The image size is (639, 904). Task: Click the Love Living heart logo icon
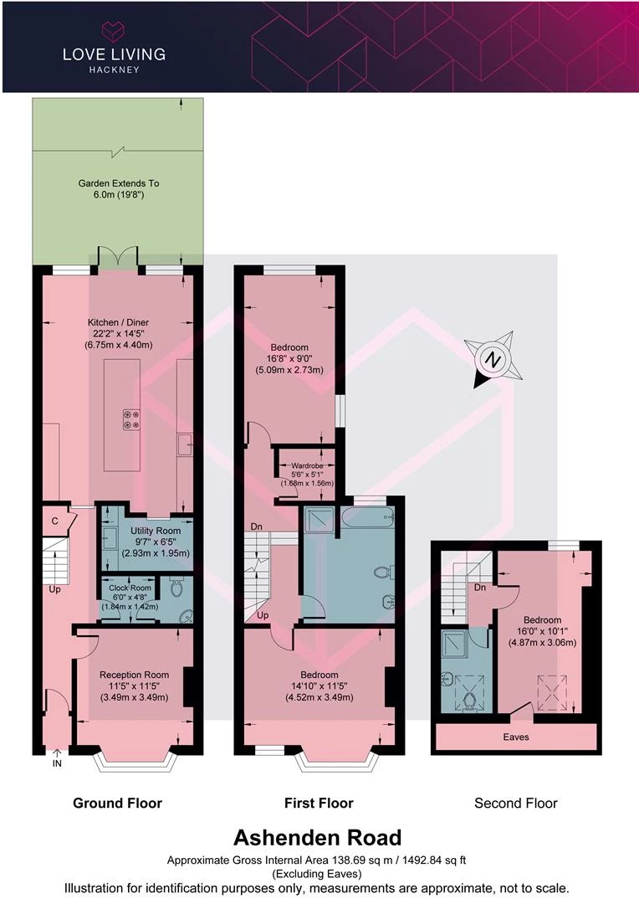114,30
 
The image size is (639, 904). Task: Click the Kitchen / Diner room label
118,322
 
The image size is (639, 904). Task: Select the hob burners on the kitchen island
131,419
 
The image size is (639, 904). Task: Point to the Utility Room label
156,531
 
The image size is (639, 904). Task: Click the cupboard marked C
54,521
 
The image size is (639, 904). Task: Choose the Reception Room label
135,675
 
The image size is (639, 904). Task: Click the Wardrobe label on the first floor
307,465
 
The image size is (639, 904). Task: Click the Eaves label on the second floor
516,737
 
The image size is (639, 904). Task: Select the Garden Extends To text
119,183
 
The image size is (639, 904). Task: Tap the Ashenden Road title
318,837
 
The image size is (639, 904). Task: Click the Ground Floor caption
118,803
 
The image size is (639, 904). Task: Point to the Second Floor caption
516,803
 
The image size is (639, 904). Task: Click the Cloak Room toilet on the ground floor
176,588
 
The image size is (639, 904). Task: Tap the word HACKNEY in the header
114,69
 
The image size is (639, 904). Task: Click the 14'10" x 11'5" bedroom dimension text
319,686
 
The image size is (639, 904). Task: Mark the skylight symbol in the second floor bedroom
552,694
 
